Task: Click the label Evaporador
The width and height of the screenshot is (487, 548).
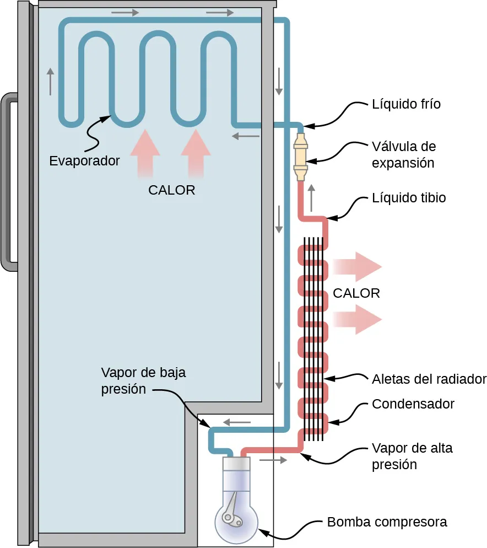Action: (x=84, y=161)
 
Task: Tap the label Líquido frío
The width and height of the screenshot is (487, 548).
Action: (x=406, y=104)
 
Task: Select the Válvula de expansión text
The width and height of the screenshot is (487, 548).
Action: (x=403, y=155)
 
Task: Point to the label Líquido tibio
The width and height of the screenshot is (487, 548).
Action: (x=409, y=198)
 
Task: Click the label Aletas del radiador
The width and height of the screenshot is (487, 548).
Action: (x=429, y=379)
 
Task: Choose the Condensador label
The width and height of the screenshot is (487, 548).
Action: (x=413, y=404)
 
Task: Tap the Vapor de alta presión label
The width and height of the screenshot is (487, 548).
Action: (x=412, y=456)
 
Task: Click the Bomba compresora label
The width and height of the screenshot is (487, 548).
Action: (x=387, y=522)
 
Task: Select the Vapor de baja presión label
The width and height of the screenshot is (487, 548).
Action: (x=143, y=381)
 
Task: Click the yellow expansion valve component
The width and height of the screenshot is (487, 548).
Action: (x=301, y=156)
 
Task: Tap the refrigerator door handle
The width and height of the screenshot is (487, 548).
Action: (x=9, y=182)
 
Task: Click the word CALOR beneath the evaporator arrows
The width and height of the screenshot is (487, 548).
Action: (x=172, y=190)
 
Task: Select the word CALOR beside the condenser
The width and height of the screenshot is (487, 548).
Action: (x=356, y=293)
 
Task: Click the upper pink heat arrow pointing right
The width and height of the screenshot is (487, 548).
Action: (x=359, y=267)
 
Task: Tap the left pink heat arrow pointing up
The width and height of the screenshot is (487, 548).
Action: (x=145, y=152)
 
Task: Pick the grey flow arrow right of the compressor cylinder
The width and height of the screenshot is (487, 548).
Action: (x=272, y=459)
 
